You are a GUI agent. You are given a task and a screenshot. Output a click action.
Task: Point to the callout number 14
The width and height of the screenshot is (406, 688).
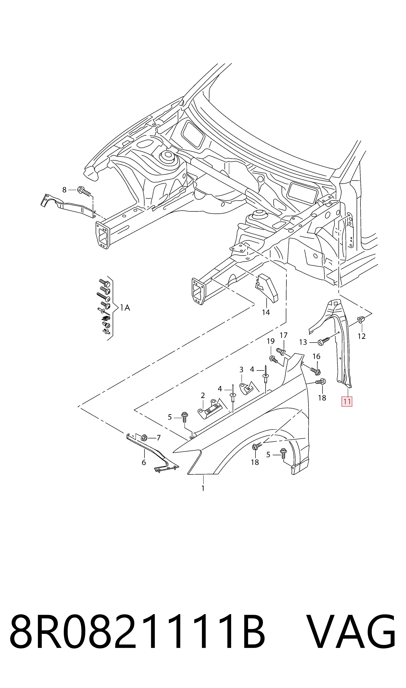(x=266, y=312)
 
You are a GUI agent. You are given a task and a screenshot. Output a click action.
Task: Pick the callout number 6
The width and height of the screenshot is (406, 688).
(x=144, y=463)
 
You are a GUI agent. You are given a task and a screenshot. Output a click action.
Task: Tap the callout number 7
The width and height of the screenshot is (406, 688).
(x=158, y=438)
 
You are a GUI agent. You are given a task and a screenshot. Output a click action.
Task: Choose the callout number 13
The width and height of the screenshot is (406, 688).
(x=303, y=342)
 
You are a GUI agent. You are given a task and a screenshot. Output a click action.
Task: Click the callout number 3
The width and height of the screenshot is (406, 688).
(x=241, y=370)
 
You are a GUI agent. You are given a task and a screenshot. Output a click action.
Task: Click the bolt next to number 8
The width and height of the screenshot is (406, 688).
(x=84, y=191)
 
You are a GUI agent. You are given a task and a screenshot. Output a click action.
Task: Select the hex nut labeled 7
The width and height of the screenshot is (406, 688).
(x=144, y=438)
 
